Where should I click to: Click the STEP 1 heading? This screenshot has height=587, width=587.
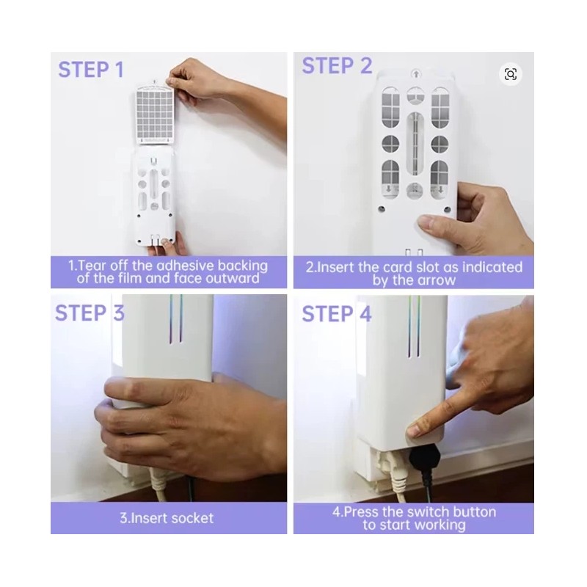coord(91,70)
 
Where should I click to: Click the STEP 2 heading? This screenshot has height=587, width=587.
coord(338,66)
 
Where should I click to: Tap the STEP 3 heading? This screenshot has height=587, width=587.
coord(90,313)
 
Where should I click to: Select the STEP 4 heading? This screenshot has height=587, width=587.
coord(337,314)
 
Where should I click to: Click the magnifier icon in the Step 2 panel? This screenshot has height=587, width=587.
coord(511,74)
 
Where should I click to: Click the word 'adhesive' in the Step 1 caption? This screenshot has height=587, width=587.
coord(186,266)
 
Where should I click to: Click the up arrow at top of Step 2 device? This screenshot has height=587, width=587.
coord(416,74)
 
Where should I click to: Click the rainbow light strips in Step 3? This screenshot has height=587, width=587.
coord(175,318)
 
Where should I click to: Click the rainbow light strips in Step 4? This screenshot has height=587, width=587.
coord(414,326)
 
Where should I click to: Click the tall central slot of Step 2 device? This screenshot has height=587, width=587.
coord(415,143)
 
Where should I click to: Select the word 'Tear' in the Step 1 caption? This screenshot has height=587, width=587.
coord(90,266)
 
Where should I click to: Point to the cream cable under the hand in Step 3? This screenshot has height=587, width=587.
coord(157,483)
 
